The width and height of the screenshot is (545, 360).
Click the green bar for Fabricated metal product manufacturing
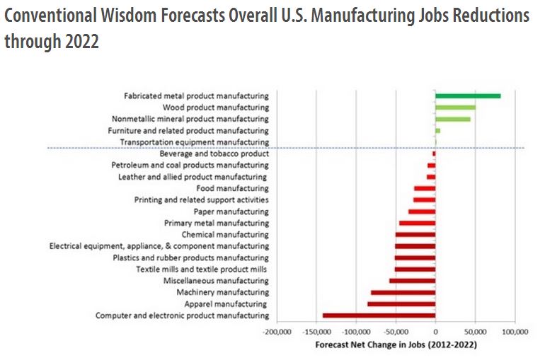(x=468, y=95)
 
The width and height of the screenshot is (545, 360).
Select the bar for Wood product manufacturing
(x=455, y=108)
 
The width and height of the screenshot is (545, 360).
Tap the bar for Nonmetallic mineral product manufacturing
(x=453, y=119)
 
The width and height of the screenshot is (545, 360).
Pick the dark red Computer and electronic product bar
(x=379, y=315)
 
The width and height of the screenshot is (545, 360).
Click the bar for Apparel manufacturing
(x=401, y=304)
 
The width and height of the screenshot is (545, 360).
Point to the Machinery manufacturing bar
(x=403, y=292)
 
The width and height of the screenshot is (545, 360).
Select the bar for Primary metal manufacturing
(x=417, y=223)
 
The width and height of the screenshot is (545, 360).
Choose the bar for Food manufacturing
(x=425, y=188)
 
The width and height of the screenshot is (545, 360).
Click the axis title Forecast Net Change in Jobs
(x=395, y=345)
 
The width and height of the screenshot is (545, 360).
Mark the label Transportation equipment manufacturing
(x=194, y=142)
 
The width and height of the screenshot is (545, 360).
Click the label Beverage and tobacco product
(x=214, y=153)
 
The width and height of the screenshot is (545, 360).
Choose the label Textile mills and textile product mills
(x=202, y=269)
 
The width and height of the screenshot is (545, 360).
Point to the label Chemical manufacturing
(x=225, y=234)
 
